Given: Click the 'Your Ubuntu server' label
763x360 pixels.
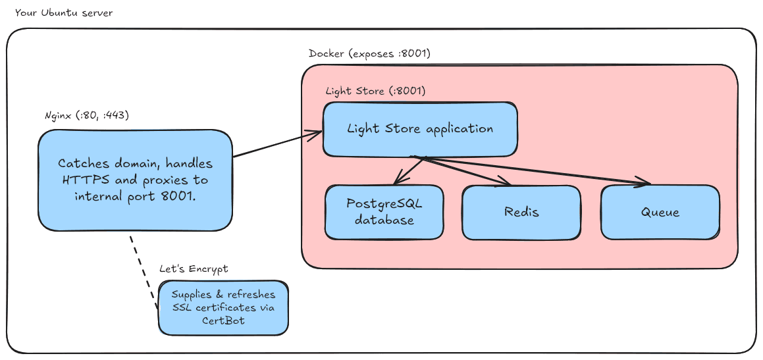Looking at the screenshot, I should pos(63,13).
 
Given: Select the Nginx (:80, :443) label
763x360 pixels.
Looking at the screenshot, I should pos(86,115).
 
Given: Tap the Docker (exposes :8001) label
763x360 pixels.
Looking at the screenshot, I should pos(369,53).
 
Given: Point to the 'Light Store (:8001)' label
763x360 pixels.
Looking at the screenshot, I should pos(375,91).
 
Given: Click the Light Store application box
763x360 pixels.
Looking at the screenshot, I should pos(419,129).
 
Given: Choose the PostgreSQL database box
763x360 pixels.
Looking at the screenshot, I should pos(384,211).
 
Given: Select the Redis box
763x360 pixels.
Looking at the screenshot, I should pos(521,212).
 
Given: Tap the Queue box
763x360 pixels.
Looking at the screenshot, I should pos(660,213).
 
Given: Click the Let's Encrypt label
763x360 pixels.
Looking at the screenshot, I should pos(193,269).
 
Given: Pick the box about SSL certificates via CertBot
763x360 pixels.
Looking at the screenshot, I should pos(223,307).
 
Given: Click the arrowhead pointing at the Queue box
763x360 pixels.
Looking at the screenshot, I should pos(644,182).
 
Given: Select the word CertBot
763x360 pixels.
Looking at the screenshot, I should pos(223,321).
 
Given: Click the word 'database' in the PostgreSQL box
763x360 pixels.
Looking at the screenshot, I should pos(384,220).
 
